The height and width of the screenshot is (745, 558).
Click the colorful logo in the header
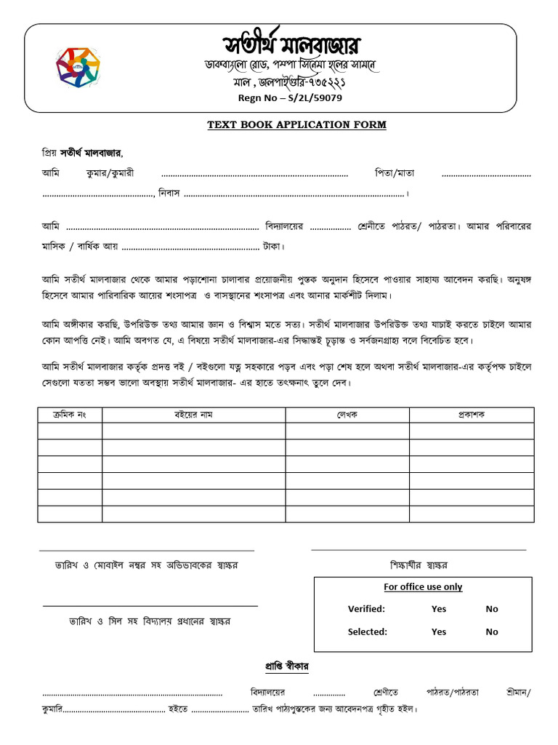click(x=78, y=68)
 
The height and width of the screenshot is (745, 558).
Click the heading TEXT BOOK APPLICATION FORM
click(x=296, y=125)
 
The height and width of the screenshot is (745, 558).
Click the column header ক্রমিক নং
click(x=70, y=414)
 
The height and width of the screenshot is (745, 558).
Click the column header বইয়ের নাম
click(x=193, y=414)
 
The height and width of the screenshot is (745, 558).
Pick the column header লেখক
click(x=347, y=414)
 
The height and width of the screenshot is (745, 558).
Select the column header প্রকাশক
click(x=471, y=414)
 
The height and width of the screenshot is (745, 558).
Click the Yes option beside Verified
click(x=439, y=609)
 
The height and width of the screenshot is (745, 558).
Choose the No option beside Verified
click(x=492, y=609)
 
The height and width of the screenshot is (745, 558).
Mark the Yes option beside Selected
click(x=439, y=632)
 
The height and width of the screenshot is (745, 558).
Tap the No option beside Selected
click(x=492, y=632)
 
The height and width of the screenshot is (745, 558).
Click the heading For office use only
click(x=423, y=587)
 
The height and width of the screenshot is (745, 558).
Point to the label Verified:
click(x=366, y=609)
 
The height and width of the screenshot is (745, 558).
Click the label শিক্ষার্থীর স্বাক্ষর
click(x=418, y=565)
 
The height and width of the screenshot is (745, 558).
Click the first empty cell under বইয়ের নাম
click(x=193, y=431)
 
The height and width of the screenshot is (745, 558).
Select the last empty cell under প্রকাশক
click(x=471, y=514)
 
